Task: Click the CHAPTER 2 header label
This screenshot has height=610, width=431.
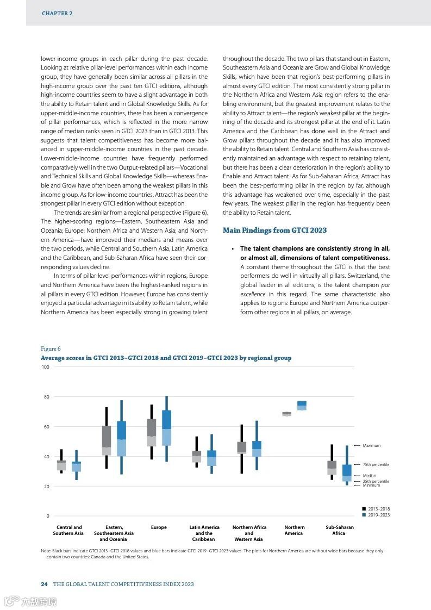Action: click(57, 14)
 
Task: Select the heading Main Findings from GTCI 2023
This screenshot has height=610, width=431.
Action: click(274, 231)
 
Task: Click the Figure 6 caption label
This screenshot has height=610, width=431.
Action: click(51, 348)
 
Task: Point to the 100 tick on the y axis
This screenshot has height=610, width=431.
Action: click(45, 368)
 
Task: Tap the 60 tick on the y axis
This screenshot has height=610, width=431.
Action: click(46, 427)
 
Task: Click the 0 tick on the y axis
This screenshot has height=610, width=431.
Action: click(48, 516)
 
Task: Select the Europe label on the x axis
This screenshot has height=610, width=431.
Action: click(159, 527)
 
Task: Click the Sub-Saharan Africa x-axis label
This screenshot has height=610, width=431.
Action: click(339, 531)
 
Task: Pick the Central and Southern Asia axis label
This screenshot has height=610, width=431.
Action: click(69, 531)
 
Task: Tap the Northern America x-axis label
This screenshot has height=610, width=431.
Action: click(294, 531)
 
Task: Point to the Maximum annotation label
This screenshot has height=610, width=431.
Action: click(371, 446)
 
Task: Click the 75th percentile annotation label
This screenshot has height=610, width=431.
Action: click(376, 465)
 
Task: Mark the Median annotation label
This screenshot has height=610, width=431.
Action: click(369, 476)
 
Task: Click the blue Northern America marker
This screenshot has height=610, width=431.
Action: click(302, 406)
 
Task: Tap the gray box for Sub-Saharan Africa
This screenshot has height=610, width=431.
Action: click(332, 468)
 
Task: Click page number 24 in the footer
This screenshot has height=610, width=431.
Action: click(44, 584)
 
